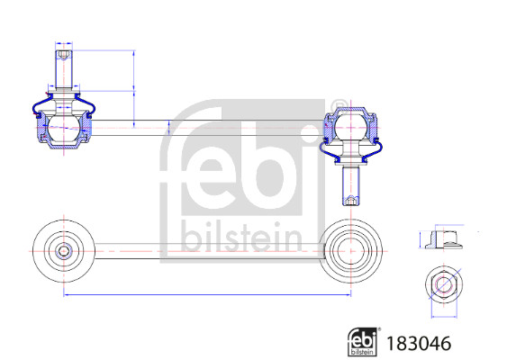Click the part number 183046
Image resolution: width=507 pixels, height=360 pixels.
point(418,343)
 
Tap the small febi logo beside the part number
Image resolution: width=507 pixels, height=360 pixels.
point(363,341)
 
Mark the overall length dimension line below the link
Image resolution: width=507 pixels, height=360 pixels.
point(207,294)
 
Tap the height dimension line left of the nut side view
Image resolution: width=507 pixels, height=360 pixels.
point(420,239)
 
